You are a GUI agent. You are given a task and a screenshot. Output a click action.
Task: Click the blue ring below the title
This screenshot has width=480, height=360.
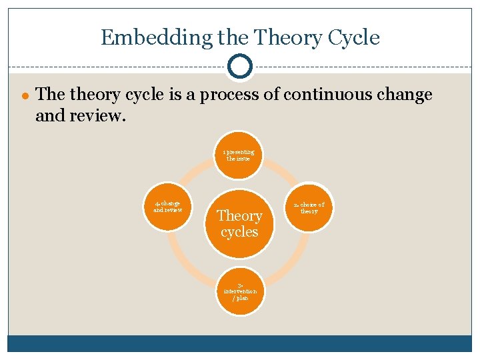(x=239, y=67)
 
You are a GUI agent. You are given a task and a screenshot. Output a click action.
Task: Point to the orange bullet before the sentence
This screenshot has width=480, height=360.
(x=25, y=95)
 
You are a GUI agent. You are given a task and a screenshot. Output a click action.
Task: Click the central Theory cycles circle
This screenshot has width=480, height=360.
(x=239, y=224)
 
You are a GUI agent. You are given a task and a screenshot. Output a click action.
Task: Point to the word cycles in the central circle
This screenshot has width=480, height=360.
(x=239, y=232)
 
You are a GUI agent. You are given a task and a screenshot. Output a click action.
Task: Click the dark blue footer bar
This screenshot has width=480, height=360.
(x=239, y=343)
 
